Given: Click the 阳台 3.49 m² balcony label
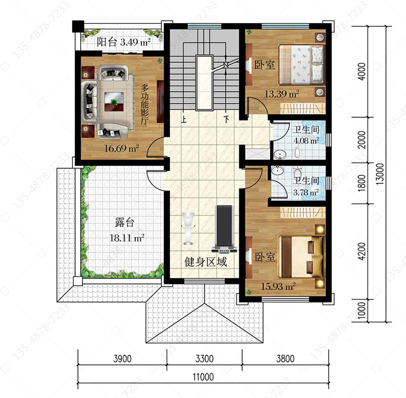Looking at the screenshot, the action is [123, 42].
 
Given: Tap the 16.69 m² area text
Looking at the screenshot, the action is [121, 148].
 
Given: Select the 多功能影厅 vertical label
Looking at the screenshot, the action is [145, 104].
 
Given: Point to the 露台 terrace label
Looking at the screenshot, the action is [125, 222].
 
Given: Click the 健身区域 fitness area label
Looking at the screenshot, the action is [206, 262].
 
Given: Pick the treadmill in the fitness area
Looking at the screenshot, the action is [224, 229].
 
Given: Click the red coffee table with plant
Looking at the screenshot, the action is [114, 102].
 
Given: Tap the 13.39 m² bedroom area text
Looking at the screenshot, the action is [281, 94].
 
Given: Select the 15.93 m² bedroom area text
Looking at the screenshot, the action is [278, 286].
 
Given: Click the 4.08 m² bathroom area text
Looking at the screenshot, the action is [306, 141].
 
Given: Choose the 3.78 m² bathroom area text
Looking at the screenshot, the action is [305, 193].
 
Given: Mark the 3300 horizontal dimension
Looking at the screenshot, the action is [204, 359].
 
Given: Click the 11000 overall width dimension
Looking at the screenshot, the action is [203, 377].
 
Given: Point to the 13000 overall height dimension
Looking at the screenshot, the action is [380, 174].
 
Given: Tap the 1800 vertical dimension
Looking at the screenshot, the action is [362, 183].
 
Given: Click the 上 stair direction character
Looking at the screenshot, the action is [184, 119].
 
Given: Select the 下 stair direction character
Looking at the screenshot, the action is [227, 119].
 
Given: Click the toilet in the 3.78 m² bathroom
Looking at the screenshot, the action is [298, 171].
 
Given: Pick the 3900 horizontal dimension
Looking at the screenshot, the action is [122, 359].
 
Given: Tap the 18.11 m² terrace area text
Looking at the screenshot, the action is [127, 237].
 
